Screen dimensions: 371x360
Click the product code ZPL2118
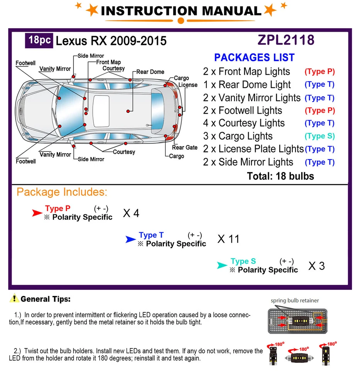[x=286, y=40]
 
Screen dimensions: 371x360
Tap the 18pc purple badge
[x=39, y=40]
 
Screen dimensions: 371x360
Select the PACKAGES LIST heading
[x=254, y=58]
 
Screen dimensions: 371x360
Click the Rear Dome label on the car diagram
[x=150, y=72]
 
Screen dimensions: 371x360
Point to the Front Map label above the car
[x=108, y=62]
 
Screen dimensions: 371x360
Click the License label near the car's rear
[x=188, y=85]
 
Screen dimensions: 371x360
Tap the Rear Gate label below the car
[x=185, y=148]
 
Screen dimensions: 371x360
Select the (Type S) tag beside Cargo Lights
[x=319, y=136]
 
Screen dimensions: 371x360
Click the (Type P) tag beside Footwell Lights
[x=319, y=111]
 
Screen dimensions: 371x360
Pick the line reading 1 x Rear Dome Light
[x=247, y=85]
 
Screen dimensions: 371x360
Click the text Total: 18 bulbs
[x=280, y=177]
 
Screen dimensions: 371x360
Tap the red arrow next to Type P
[x=37, y=213]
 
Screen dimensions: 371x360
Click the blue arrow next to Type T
[x=131, y=240]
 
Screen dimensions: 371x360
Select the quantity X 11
[x=228, y=239]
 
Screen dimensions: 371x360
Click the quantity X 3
[x=316, y=266]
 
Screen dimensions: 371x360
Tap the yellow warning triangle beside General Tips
[x=14, y=298]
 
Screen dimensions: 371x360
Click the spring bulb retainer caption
[x=295, y=300]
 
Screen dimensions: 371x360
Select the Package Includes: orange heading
[x=62, y=192]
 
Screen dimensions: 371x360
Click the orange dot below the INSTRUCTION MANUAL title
[x=180, y=20]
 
